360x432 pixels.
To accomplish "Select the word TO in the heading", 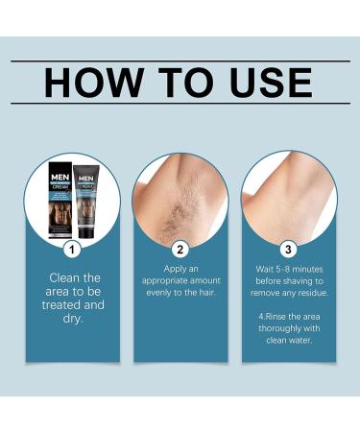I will (183, 83).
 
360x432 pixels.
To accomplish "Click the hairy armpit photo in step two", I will (180, 197).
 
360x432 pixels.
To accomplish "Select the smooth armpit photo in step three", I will (288, 197).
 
